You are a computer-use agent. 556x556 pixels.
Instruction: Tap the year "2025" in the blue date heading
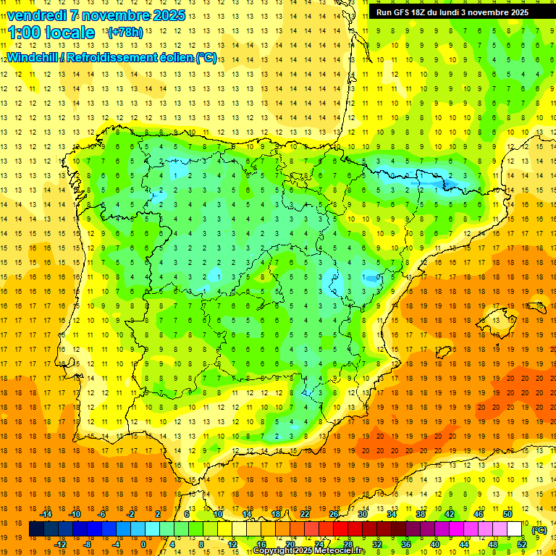point(168,15)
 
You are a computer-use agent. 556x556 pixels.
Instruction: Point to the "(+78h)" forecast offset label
point(125,33)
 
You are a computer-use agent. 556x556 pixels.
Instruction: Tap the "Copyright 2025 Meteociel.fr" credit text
point(309,551)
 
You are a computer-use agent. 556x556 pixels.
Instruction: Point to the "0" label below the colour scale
point(143,544)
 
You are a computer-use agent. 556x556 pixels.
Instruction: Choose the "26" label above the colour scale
point(334,514)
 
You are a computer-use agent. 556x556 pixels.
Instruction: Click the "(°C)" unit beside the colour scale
point(539,530)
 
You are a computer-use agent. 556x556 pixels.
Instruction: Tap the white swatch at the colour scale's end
point(514,529)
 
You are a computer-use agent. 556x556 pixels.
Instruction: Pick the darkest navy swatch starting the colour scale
point(36,529)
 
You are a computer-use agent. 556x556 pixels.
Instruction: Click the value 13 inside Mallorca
point(497,321)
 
